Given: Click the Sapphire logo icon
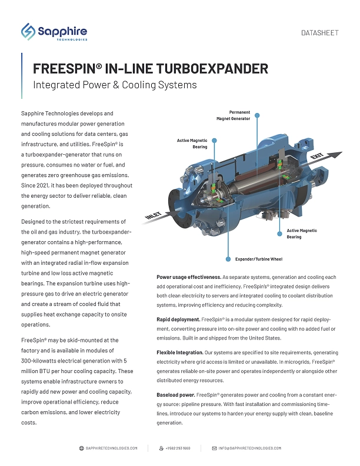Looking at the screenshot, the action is [28, 32].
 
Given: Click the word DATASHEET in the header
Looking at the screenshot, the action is [319, 33].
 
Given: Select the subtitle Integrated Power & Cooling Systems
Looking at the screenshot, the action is [115, 85].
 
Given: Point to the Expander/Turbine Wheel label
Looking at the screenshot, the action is [258, 258].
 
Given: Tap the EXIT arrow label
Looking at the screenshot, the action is [317, 157].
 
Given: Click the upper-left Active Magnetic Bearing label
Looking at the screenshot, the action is [193, 144].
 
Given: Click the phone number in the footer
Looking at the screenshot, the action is [179, 448].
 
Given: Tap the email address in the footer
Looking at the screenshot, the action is [249, 448].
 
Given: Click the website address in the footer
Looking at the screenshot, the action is [111, 448].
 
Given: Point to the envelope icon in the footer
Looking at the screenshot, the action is [215, 448].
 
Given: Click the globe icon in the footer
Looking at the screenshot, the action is [81, 448].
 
